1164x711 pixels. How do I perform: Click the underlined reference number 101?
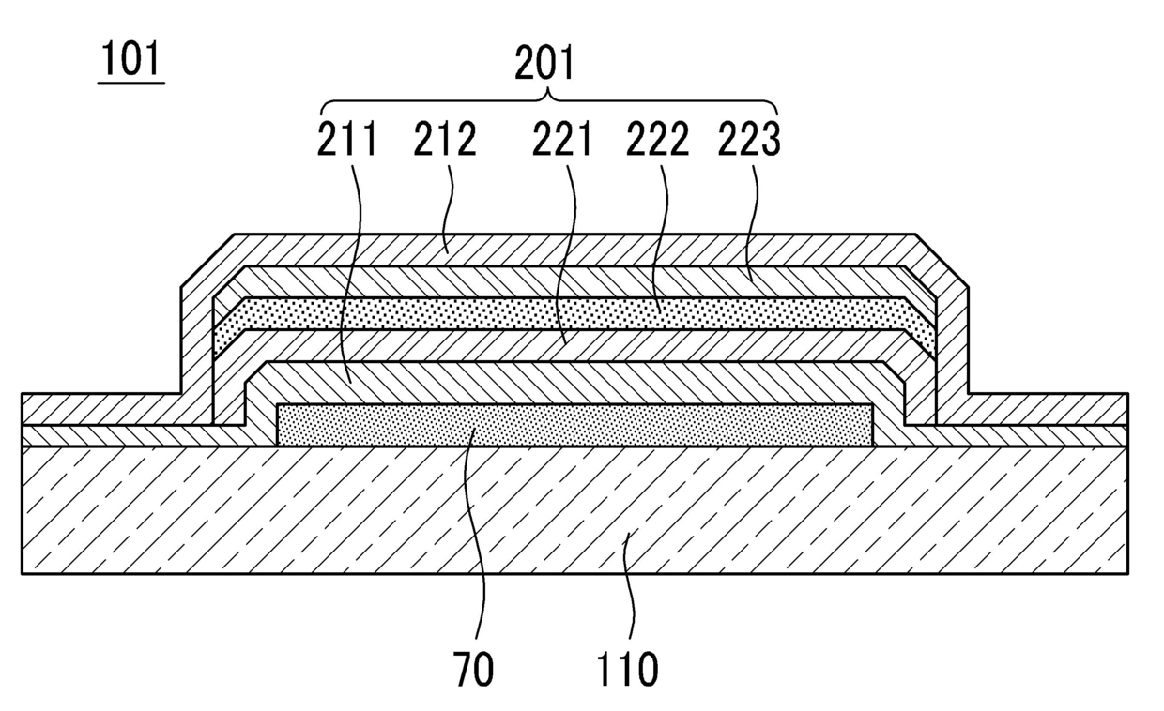[x=131, y=61]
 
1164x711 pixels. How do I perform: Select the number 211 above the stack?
[x=346, y=140]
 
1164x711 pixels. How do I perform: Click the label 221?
[x=563, y=140]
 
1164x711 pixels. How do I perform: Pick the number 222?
[x=658, y=140]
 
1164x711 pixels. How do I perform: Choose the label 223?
[x=749, y=140]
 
